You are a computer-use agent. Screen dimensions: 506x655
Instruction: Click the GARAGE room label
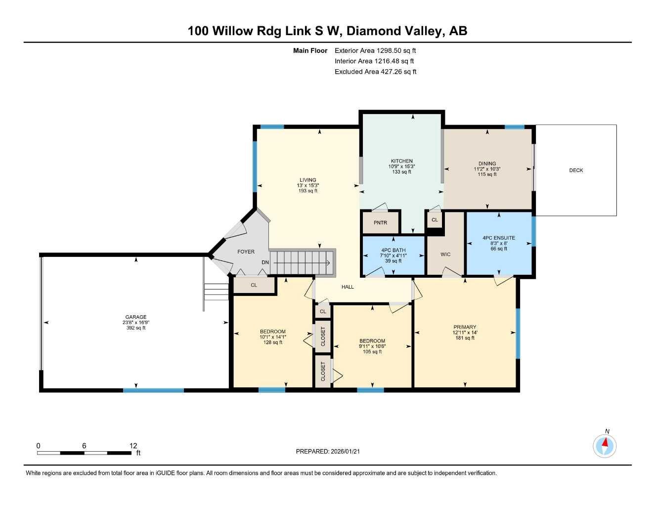[x=135, y=317]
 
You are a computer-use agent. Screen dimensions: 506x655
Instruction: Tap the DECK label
[x=576, y=170]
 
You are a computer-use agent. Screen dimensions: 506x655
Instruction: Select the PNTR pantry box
[x=380, y=223]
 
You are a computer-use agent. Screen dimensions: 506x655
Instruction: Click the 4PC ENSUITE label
[x=499, y=238]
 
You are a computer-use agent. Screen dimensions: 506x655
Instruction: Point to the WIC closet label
[x=445, y=254]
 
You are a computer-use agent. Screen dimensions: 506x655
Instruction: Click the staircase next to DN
[x=302, y=261]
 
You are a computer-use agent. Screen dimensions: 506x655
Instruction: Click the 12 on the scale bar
[x=133, y=446]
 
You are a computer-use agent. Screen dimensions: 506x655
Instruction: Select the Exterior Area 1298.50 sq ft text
[x=375, y=50]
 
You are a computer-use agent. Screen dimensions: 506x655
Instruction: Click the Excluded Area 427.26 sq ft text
[x=375, y=72]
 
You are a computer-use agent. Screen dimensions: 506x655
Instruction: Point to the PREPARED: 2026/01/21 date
[x=331, y=451]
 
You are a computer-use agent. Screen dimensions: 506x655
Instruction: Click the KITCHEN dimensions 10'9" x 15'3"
[x=401, y=167]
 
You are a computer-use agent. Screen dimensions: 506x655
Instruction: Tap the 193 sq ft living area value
[x=307, y=191]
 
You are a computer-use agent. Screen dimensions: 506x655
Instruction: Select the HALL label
[x=348, y=287]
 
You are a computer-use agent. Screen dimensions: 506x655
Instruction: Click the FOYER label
[x=246, y=252]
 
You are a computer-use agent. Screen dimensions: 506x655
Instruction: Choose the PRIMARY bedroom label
[x=465, y=327]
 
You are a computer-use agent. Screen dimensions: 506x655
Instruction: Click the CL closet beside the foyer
[x=254, y=285]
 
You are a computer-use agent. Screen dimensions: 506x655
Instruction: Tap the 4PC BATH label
[x=393, y=251]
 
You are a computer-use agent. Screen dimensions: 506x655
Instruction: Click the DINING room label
[x=487, y=164]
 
